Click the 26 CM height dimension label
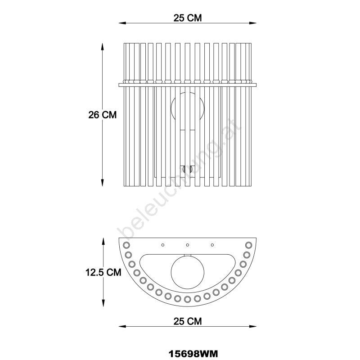pos(103,115)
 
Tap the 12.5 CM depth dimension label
pos(103,272)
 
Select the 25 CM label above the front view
pos(188,18)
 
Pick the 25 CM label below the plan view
pos(188,321)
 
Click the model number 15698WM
pos(193,354)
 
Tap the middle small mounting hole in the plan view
pos(188,245)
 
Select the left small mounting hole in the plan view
pos(163,245)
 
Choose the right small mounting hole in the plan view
pos(212,245)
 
